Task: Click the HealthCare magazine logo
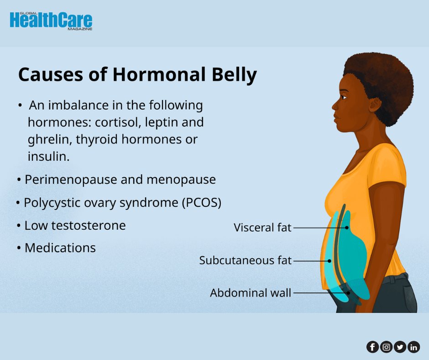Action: click(x=51, y=21)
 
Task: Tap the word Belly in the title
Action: click(x=236, y=74)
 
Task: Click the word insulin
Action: click(x=48, y=156)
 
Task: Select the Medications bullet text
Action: click(x=60, y=248)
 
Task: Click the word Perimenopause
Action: click(x=71, y=180)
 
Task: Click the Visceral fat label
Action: click(x=262, y=227)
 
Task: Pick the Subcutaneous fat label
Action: click(x=245, y=260)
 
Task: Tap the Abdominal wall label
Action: click(x=251, y=293)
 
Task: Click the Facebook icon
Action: click(x=372, y=347)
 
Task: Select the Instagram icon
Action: click(x=386, y=347)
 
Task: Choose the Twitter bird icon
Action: click(x=400, y=347)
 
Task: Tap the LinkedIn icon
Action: click(x=413, y=347)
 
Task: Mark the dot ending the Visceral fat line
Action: click(x=347, y=227)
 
